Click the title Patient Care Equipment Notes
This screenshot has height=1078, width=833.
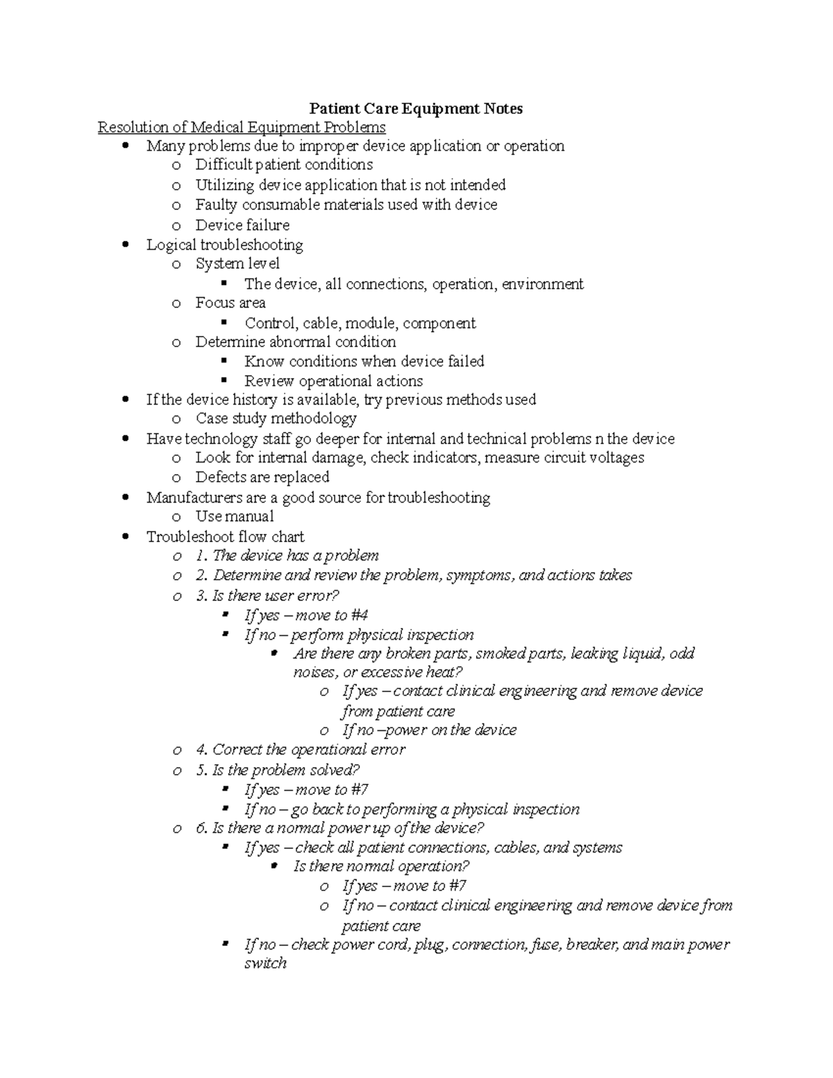pos(416,108)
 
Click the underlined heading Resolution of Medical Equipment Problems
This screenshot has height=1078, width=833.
pos(242,127)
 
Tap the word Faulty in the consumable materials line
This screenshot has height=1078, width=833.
pos(216,205)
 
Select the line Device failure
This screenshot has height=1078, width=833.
pos(242,225)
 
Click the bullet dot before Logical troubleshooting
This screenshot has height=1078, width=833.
pos(126,244)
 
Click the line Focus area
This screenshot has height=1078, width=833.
pos(230,303)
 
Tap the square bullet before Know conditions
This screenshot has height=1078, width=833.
pos(224,361)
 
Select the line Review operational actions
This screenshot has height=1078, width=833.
pos(333,381)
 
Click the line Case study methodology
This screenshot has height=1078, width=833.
pos(276,419)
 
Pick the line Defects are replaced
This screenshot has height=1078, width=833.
pos(262,477)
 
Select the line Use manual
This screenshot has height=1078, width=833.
pos(235,516)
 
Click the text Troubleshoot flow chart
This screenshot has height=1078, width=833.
pos(225,537)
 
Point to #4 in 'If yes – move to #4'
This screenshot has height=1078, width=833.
pos(360,615)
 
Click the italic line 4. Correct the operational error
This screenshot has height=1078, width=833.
pos(301,750)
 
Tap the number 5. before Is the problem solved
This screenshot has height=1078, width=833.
pos(202,770)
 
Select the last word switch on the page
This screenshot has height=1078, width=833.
pos(265,963)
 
